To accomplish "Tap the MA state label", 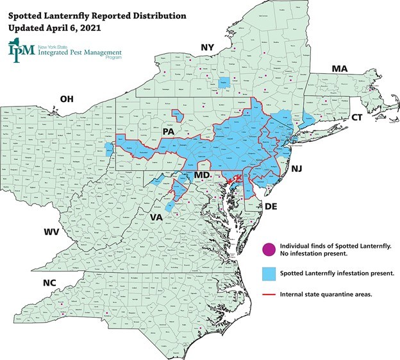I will tap(338, 69).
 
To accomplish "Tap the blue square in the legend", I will tap(269, 273).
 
